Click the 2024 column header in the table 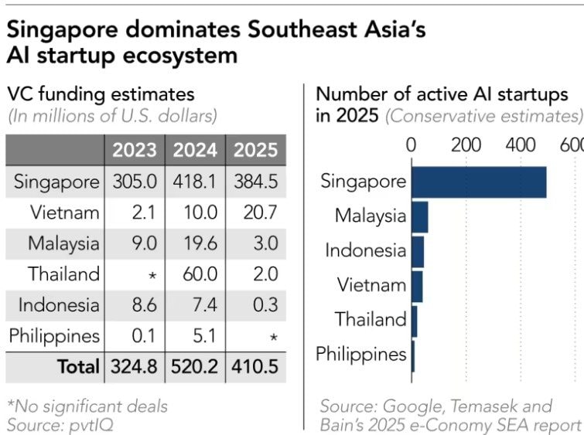tap(193, 150)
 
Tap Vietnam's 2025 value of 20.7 tap(256, 212)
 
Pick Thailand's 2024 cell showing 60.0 tap(193, 274)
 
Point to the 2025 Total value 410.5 tap(256, 367)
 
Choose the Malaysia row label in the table tap(63, 243)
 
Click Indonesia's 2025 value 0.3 tap(256, 305)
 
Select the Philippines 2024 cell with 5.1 tap(193, 336)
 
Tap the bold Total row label tap(78, 367)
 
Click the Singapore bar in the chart tap(478, 182)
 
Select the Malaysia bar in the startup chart tap(419, 216)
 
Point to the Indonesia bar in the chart tap(418, 251)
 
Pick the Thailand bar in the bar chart tap(414, 320)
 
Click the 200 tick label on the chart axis tap(466, 145)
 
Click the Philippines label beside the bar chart tap(361, 355)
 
